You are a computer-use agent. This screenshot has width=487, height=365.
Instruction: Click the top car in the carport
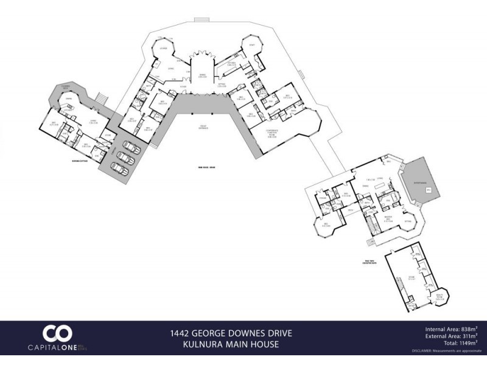(x=130, y=147)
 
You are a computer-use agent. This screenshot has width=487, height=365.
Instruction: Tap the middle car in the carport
(x=124, y=156)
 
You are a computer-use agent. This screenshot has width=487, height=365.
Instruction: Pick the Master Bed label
(x=387, y=220)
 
